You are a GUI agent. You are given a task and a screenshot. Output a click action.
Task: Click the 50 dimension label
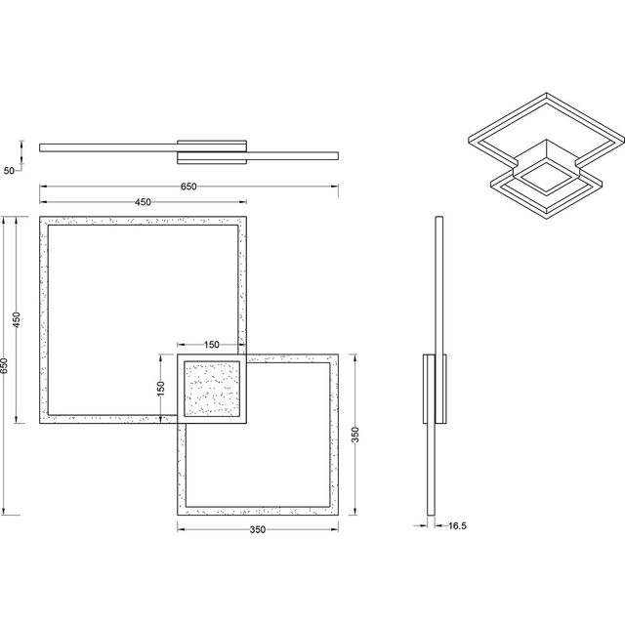click(9, 171)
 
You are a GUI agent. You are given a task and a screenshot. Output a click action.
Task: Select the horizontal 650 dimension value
click(188, 186)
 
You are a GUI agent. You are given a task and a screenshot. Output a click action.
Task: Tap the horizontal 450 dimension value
click(143, 203)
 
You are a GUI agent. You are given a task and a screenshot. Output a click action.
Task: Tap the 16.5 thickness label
click(457, 525)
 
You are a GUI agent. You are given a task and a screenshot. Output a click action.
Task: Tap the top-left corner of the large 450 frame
click(41, 218)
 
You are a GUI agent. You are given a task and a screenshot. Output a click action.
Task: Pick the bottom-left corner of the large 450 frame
click(41, 423)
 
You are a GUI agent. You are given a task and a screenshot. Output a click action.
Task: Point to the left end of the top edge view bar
click(41, 146)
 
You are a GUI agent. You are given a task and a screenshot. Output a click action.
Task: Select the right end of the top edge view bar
click(338, 155)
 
